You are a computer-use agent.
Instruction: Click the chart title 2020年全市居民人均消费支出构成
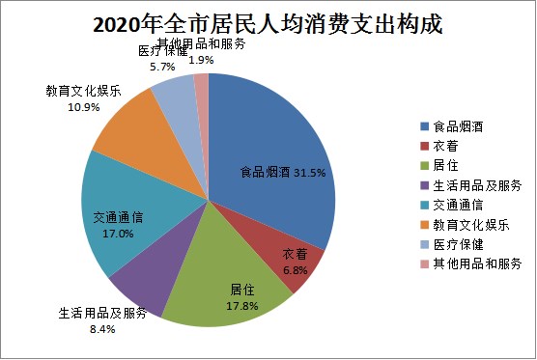(268, 24)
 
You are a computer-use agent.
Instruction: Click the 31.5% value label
(310, 173)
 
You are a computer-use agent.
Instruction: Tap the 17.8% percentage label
(242, 306)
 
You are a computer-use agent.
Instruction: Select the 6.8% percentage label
(296, 270)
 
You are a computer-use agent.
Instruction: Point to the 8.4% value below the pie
(102, 329)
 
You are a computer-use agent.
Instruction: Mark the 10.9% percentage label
(84, 107)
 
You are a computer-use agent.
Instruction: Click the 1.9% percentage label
(201, 60)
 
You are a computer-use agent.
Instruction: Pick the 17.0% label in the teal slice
(118, 234)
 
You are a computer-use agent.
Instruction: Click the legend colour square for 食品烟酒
(425, 126)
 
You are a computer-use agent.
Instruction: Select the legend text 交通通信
(458, 205)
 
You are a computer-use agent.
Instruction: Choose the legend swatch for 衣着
(425, 146)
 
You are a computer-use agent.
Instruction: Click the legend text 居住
(445, 166)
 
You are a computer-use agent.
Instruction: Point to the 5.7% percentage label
(162, 67)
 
